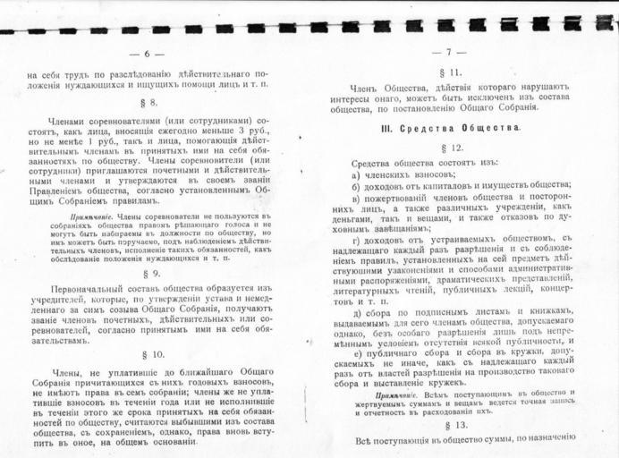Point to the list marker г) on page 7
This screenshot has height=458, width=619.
[356, 241]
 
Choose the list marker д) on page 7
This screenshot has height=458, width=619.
[356, 312]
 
